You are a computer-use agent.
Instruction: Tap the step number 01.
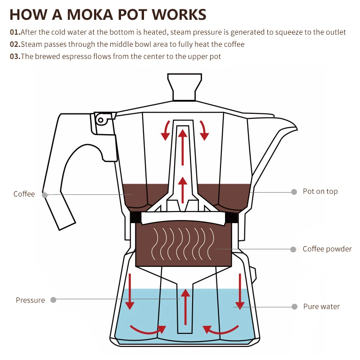(x=15, y=32)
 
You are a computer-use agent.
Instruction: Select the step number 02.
(x=15, y=45)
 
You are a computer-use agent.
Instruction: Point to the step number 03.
(x=15, y=57)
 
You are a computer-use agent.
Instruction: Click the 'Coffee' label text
(x=24, y=194)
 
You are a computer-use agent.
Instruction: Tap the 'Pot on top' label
(x=320, y=191)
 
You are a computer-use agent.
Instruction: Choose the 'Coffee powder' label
(x=327, y=249)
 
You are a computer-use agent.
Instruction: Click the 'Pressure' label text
(x=30, y=300)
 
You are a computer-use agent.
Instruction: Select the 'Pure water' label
(x=321, y=306)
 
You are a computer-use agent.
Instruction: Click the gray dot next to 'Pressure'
(x=54, y=300)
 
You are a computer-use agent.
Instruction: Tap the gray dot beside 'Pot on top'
(x=294, y=192)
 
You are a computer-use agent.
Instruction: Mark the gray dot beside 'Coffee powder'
(x=293, y=249)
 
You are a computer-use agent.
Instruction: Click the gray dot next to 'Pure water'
(x=294, y=306)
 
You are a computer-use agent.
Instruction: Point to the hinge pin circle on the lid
(x=100, y=120)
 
